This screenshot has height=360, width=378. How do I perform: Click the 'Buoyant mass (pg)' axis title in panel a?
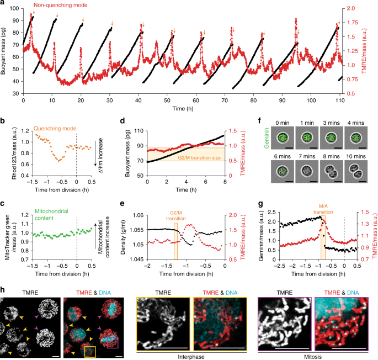(x=6, y=47)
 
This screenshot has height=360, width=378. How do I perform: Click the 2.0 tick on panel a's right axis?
(x=361, y=9)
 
